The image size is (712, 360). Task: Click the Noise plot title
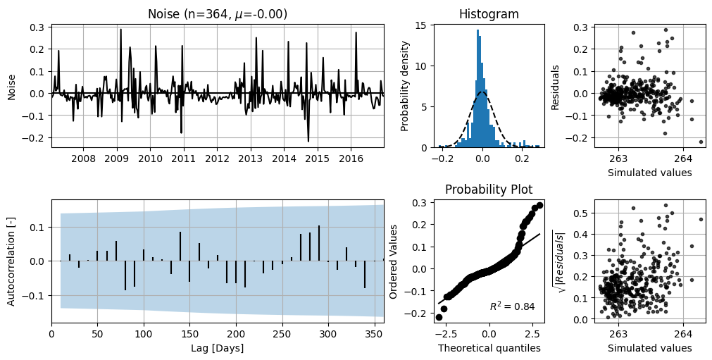click(218, 14)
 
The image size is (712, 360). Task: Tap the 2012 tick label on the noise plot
click(217, 159)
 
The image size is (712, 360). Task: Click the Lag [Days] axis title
click(218, 348)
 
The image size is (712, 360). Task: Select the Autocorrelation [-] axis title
click(11, 261)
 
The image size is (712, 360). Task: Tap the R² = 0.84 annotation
click(512, 306)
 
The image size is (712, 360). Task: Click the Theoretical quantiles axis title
click(489, 348)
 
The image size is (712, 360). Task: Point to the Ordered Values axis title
click(393, 261)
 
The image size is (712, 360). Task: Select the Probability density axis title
click(405, 86)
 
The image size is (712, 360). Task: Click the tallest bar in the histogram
click(477, 89)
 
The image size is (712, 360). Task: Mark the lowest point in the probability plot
click(439, 317)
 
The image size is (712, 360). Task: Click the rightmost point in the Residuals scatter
click(701, 142)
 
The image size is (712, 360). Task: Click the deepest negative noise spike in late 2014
click(308, 141)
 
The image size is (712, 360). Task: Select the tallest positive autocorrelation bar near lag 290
click(319, 243)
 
